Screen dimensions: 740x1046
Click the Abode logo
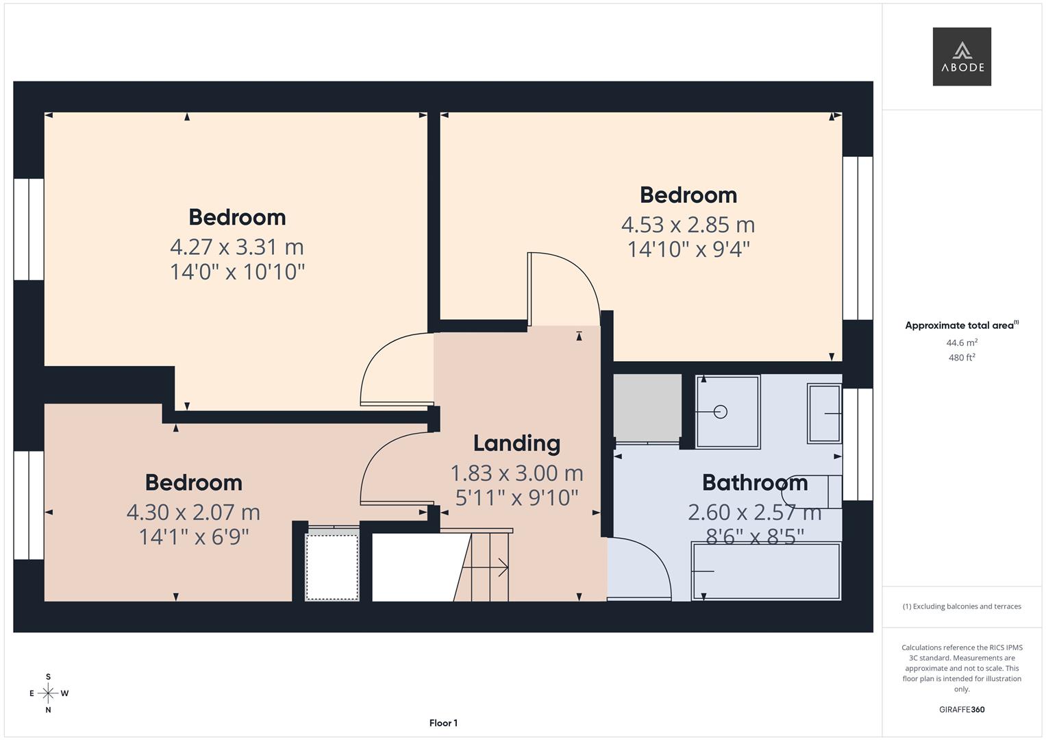coord(961,57)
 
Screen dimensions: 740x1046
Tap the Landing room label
coord(516,443)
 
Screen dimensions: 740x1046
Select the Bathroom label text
coord(754,483)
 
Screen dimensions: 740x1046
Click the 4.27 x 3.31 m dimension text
coord(236,247)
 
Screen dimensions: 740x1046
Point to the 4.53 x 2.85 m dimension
coord(688,225)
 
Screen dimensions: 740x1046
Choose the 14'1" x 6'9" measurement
coord(193,536)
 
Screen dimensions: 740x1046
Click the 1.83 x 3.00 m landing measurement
coord(516,473)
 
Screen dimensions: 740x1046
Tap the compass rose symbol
coord(48,693)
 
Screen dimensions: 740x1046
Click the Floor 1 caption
coord(443,723)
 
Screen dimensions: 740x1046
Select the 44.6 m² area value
coord(961,343)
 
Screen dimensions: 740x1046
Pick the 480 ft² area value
coord(961,358)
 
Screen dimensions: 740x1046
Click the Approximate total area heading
coord(961,325)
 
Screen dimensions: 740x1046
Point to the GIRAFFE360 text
coord(961,710)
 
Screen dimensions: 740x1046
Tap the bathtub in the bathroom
coord(766,571)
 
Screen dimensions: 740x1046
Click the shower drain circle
coord(720,412)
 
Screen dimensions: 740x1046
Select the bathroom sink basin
coord(825,414)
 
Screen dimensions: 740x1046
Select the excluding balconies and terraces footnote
coord(961,606)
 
